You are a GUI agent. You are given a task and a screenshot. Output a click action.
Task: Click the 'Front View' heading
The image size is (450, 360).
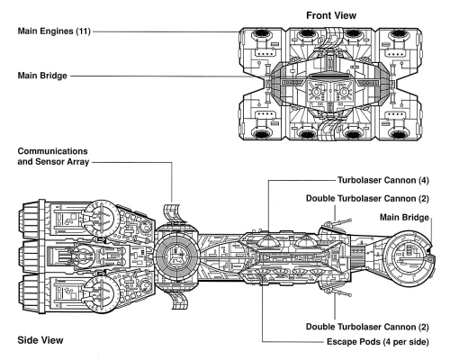click(x=331, y=15)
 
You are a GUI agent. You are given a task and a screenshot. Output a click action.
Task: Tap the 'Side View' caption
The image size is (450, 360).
click(x=40, y=340)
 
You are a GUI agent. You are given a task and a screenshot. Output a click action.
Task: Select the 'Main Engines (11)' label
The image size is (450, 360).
click(x=54, y=31)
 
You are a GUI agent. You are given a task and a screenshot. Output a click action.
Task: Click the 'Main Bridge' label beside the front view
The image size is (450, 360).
click(x=42, y=76)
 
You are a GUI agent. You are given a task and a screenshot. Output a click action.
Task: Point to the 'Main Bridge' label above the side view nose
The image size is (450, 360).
click(x=404, y=217)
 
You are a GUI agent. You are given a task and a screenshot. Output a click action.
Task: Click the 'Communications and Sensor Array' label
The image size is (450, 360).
click(x=53, y=157)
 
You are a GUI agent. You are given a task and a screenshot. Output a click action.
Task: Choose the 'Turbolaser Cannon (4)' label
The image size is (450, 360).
click(x=383, y=180)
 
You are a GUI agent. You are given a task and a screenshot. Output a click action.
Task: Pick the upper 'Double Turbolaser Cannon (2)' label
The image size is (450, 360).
click(x=367, y=199)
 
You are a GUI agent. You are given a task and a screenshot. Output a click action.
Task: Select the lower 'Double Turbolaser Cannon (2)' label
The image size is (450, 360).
click(x=367, y=327)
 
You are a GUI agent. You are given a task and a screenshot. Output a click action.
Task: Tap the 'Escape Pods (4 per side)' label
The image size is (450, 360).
click(x=378, y=342)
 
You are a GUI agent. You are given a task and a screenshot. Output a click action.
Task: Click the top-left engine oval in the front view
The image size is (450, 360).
click(x=261, y=33)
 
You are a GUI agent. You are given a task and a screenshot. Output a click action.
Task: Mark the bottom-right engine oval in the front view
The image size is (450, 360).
click(x=398, y=134)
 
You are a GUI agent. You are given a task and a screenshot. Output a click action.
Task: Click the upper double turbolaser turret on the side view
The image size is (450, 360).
click(x=335, y=224)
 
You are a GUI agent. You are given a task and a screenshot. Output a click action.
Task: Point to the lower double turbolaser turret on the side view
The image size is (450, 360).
click(x=336, y=292)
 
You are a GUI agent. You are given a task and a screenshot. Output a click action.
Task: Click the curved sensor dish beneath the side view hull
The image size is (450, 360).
click(x=179, y=301)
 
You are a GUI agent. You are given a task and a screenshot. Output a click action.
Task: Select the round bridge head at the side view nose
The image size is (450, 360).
click(x=409, y=256)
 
